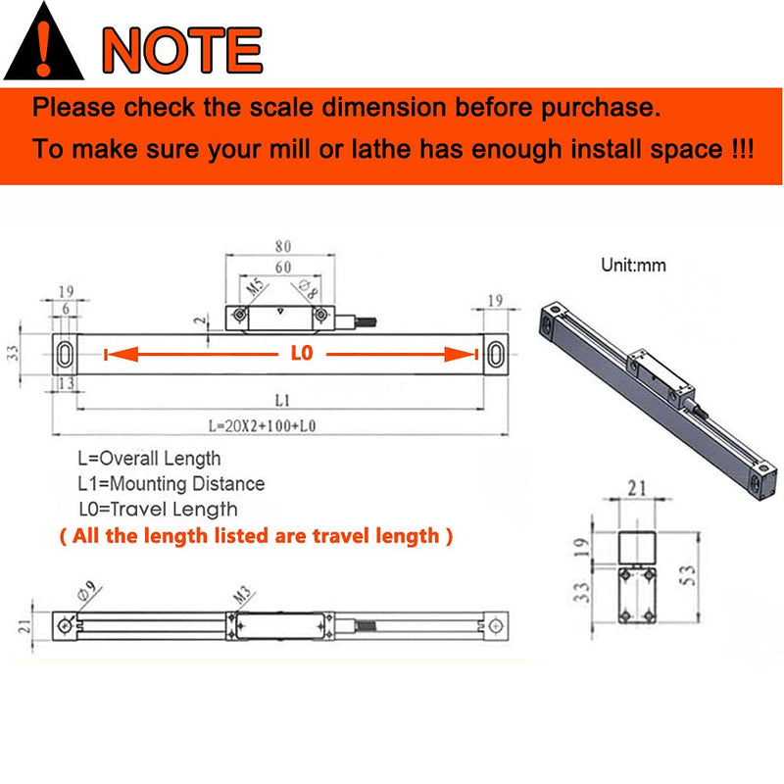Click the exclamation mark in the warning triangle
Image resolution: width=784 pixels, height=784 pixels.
(x=44, y=48)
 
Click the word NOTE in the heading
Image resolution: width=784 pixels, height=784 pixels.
(x=182, y=50)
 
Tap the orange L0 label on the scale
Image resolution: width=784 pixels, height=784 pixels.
(x=302, y=353)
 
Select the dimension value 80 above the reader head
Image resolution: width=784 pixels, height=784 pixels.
(x=283, y=246)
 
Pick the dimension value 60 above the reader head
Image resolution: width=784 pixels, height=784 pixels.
(x=283, y=267)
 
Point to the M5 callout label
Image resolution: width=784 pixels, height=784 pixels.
(x=255, y=287)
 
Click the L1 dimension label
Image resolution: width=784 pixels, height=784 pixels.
(x=282, y=400)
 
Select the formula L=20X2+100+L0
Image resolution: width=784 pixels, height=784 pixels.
(x=262, y=426)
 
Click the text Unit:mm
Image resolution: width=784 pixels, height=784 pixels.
(x=633, y=265)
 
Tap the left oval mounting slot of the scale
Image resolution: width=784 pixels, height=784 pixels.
(x=65, y=354)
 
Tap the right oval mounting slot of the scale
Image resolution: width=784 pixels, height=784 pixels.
(x=496, y=354)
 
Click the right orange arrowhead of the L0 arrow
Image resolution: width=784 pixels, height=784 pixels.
(x=460, y=354)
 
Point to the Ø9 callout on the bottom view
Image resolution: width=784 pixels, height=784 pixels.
(x=87, y=591)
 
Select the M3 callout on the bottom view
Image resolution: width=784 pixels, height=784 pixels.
(x=242, y=595)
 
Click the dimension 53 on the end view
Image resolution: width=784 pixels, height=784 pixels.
(x=688, y=575)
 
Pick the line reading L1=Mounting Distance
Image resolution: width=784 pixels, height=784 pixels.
(x=171, y=483)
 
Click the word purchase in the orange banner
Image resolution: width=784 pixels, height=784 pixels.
(x=601, y=108)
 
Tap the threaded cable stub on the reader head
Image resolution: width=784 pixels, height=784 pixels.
(x=366, y=322)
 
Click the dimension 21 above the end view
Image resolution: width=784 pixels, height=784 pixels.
(x=637, y=488)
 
